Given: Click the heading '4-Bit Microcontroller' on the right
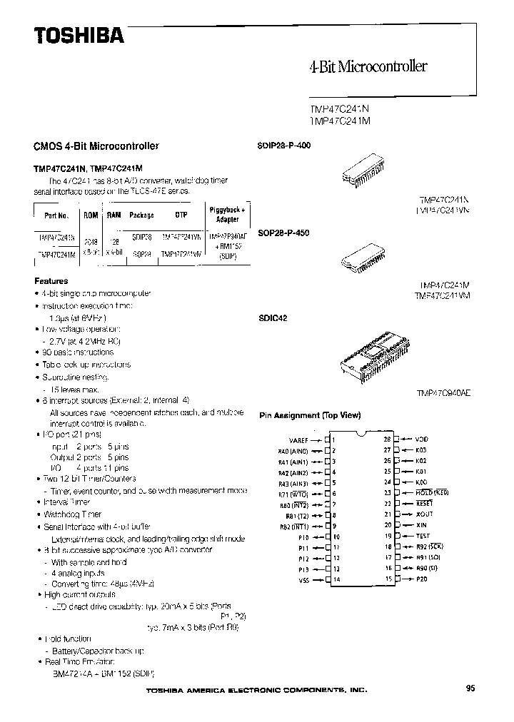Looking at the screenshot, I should [x=368, y=67].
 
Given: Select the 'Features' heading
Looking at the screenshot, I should [x=51, y=281].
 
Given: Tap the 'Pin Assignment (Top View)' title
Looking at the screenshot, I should [x=309, y=415].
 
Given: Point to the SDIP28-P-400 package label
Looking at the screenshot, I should [x=283, y=145].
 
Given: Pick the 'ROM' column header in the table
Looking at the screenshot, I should [x=91, y=215].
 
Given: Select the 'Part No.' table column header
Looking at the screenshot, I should [x=56, y=215].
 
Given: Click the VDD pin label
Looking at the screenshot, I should [x=422, y=440].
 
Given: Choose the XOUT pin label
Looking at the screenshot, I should [x=424, y=514].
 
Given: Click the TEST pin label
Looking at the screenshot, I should [x=423, y=535].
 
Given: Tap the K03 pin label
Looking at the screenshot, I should [x=421, y=450].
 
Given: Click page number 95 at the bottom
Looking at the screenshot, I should [x=470, y=688].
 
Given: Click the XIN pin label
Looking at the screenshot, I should [x=421, y=524].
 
